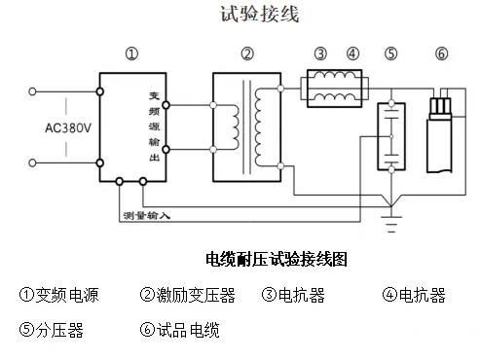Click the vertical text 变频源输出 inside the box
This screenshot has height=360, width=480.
[153, 122]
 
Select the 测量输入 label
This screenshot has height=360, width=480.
[146, 214]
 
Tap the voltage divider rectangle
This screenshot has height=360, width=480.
[391, 136]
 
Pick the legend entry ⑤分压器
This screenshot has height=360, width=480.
[52, 330]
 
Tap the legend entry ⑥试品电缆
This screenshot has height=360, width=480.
[180, 330]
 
